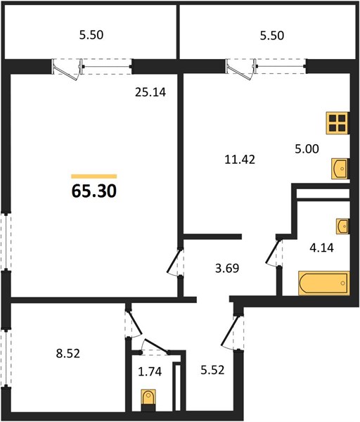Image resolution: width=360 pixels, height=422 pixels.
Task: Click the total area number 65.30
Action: (x=94, y=191)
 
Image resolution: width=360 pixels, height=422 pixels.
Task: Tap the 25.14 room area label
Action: (x=150, y=92)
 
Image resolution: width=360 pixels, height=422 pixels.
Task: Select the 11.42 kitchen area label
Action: (x=240, y=160)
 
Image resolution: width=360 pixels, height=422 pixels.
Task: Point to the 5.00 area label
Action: (x=307, y=148)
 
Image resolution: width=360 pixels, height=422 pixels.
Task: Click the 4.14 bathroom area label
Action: (x=321, y=248)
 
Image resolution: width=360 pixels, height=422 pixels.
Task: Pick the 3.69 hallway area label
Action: (x=227, y=269)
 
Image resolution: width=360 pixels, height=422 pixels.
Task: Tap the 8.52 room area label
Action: (x=68, y=353)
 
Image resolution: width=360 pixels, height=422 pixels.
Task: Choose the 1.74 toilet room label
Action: (x=150, y=371)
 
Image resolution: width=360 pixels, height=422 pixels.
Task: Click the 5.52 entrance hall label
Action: (x=212, y=370)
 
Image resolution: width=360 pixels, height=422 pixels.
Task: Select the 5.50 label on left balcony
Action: (x=91, y=35)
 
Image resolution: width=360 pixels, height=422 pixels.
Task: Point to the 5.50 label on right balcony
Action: (x=271, y=36)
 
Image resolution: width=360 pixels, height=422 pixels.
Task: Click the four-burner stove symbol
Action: (x=337, y=123)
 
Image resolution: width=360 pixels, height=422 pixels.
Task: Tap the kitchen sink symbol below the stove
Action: (x=340, y=169)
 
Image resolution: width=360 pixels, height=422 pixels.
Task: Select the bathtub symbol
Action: (x=323, y=283)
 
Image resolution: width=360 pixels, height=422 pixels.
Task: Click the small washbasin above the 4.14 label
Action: (x=342, y=226)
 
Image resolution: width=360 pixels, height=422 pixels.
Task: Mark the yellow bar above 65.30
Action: (x=94, y=177)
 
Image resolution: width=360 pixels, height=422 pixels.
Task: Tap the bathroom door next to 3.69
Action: (x=272, y=252)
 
